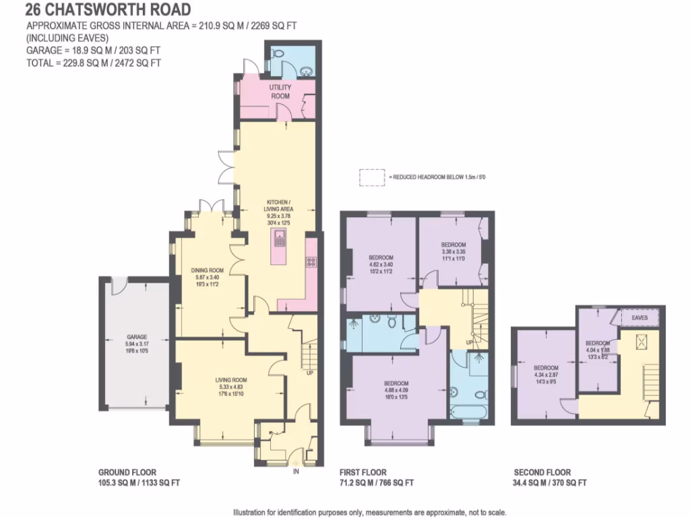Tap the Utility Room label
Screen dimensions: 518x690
click(280, 92)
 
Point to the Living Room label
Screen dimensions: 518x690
click(231, 384)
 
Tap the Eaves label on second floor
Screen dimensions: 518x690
click(639, 317)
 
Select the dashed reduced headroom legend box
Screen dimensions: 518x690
click(371, 177)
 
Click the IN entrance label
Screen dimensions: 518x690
click(295, 471)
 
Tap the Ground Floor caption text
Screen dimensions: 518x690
click(139, 478)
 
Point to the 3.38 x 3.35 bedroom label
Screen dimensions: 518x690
click(453, 249)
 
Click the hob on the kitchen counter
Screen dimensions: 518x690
click(311, 262)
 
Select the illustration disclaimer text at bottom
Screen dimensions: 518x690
click(369, 512)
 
